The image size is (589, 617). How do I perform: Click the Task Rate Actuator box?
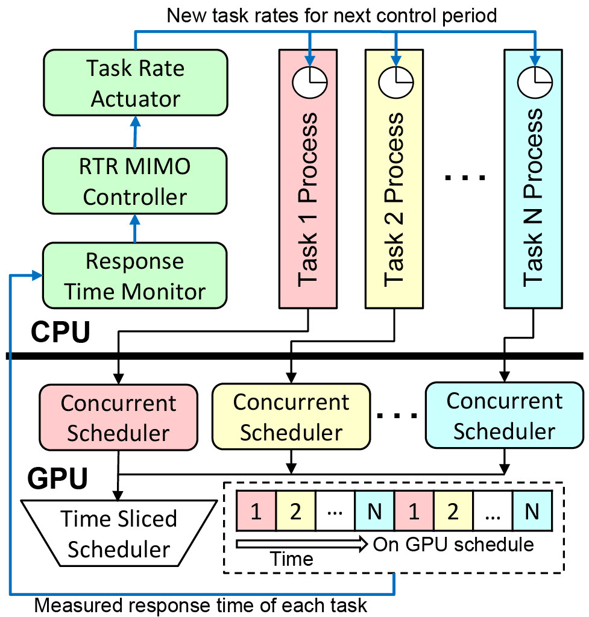tap(136, 83)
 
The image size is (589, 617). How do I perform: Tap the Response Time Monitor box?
tap(134, 277)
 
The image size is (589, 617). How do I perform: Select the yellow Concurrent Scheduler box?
tap(291, 417)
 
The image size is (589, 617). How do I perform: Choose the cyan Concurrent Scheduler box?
tap(504, 416)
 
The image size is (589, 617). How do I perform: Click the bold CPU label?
tap(60, 332)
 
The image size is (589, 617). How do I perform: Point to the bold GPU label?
tap(58, 479)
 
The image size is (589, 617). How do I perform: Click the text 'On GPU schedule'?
tap(453, 545)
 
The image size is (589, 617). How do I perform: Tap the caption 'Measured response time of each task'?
tap(201, 604)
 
